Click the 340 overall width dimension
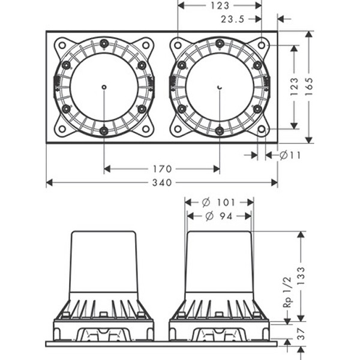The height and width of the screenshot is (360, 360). (x=163, y=182)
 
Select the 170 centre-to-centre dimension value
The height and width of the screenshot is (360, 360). (x=162, y=169)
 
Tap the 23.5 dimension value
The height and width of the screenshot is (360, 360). (x=232, y=19)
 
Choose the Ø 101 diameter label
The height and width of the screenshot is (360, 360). (x=219, y=202)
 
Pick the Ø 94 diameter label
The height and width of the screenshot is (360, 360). (x=220, y=215)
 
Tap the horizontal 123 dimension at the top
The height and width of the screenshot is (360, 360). (x=220, y=5)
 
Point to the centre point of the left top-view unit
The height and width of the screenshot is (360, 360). (x=104, y=88)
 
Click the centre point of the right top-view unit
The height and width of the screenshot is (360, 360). (x=220, y=88)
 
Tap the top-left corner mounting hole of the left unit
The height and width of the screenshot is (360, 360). (x=62, y=45)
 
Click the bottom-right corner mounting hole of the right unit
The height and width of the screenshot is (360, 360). (x=262, y=129)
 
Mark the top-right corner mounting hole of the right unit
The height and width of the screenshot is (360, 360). (x=262, y=45)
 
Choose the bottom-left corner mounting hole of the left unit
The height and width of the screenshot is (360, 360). (x=62, y=129)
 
